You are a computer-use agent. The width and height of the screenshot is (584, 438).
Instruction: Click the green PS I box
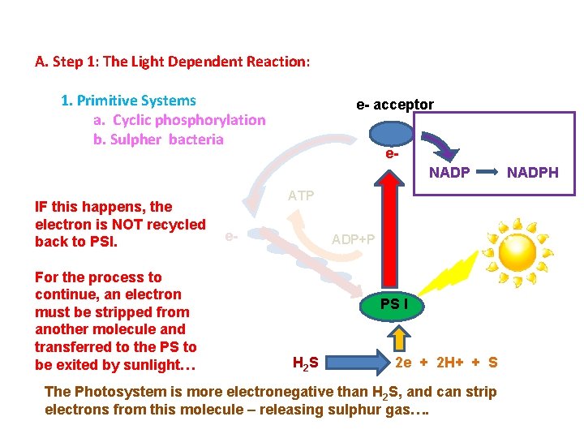[x=399, y=305]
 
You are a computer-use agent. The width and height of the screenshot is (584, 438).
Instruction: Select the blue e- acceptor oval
[x=393, y=133]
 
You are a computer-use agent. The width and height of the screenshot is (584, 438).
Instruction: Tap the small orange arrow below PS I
[x=399, y=335]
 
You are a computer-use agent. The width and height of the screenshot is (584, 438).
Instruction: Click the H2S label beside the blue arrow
[x=304, y=362]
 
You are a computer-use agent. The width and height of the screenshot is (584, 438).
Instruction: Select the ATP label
[x=301, y=195]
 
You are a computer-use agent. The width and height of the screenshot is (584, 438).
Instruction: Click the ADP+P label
[x=354, y=239]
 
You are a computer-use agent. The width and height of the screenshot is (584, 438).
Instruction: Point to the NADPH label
[x=532, y=172]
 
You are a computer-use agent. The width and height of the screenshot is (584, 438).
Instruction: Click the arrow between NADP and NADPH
[x=487, y=172]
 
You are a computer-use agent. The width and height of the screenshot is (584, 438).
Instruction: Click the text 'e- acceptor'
[x=395, y=105]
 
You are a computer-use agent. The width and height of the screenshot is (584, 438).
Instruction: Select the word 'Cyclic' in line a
[x=132, y=120]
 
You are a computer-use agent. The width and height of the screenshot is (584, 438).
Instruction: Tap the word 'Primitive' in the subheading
[x=106, y=101]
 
